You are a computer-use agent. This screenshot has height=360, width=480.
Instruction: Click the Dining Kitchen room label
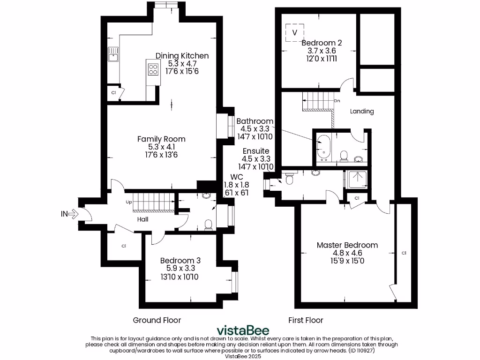coord(182,56)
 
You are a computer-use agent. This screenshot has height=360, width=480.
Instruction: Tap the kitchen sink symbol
coord(113,54)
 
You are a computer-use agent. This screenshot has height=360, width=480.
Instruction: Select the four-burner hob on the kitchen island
coord(153,69)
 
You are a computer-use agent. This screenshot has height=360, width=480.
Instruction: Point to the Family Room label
coord(161,139)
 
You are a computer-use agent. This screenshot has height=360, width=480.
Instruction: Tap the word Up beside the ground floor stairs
coord(129,202)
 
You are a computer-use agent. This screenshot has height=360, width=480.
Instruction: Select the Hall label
coord(143,219)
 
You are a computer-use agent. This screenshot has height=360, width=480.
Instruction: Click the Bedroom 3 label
coord(177,260)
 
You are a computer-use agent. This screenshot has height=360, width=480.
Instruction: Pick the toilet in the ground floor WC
coord(209,225)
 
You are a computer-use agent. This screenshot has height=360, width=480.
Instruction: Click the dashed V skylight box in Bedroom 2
coord(294,32)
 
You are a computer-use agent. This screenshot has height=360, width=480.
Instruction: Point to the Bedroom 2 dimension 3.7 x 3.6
coord(322,51)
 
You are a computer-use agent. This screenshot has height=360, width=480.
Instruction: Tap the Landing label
coord(362,111)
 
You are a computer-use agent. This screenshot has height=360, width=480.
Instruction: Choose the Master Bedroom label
coord(347,245)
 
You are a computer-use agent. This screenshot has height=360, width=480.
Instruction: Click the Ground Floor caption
coord(157,320)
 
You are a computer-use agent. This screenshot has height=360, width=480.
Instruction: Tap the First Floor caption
coord(305,320)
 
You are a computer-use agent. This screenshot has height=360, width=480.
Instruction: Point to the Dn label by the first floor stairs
coord(337,101)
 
